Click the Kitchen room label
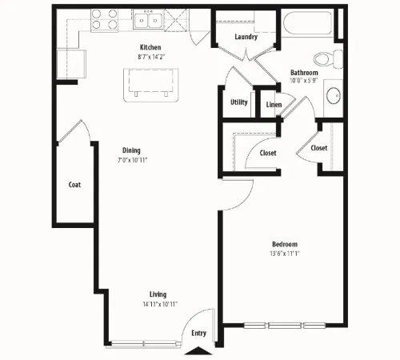coord(150,47)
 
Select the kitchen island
coord(151,85)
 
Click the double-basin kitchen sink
coord(148,19)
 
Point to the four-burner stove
coord(105,19)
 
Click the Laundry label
coord(246,37)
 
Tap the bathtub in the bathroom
coord(308,23)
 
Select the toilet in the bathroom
coord(329,58)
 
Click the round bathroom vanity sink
coord(334,95)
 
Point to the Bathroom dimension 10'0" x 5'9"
coord(304,81)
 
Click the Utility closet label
coord(239,102)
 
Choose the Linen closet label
coord(274,105)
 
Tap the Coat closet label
coord(74,185)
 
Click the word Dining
coord(131,150)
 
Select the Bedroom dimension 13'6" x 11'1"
coord(285,254)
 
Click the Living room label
coord(158,294)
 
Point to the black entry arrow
coord(198,350)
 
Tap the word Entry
coord(199,333)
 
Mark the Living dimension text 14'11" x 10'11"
coord(160,304)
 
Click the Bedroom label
coord(285,244)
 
